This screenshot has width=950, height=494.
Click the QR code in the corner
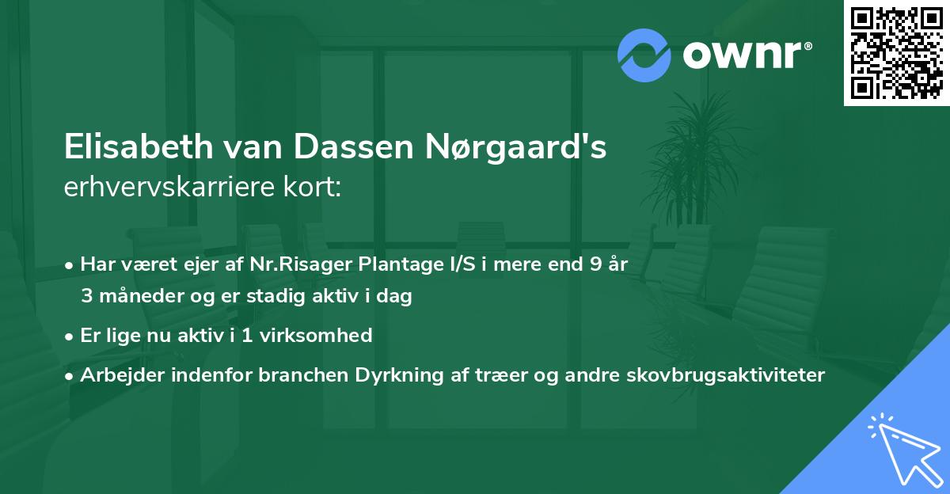tap(896, 53)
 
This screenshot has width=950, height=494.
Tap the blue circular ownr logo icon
tap(644, 55)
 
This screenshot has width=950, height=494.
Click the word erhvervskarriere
tap(173, 188)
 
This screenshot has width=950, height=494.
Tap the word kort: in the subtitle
tap(314, 188)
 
